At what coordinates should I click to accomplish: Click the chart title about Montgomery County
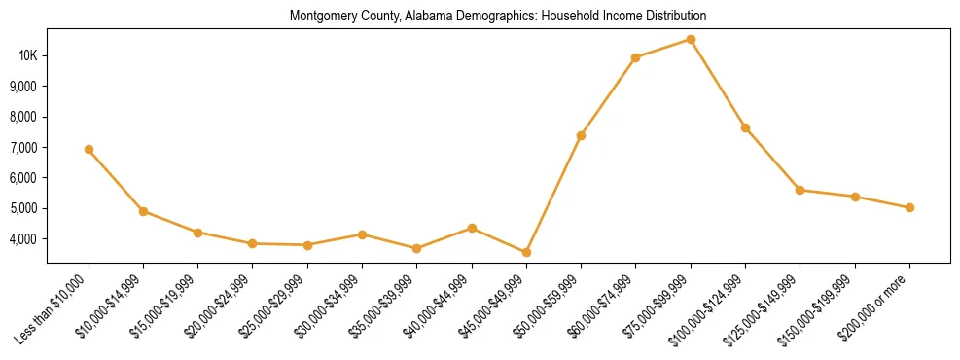497,17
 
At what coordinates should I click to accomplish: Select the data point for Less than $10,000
89,149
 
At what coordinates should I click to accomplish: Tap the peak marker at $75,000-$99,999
691,40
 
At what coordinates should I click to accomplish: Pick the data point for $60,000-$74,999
635,57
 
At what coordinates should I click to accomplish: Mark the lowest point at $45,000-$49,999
526,252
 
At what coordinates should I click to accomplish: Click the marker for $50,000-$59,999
581,135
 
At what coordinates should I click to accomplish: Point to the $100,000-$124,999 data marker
745,127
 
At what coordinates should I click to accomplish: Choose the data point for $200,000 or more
909,207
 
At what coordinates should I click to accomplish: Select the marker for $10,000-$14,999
143,211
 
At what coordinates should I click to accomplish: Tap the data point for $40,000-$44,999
472,228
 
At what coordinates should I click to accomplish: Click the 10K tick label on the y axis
28,55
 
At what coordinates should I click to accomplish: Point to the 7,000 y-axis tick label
22,148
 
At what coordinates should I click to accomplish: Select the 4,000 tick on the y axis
22,239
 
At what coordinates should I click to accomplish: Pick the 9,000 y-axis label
22,87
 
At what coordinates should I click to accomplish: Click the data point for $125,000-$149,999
800,190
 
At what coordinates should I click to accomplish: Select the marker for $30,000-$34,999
362,234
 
